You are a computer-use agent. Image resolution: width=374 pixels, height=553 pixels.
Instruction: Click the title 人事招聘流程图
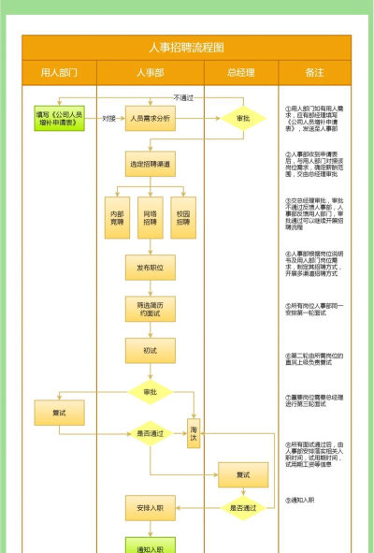click(x=186, y=48)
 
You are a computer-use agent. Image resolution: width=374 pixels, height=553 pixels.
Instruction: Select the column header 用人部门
click(x=59, y=72)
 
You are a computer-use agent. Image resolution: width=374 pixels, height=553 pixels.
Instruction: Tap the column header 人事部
click(x=150, y=72)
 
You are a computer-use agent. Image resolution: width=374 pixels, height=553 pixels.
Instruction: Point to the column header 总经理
click(x=240, y=72)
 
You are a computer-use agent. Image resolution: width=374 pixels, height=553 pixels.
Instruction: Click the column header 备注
click(x=314, y=72)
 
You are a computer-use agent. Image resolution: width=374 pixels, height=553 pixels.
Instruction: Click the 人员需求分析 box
click(x=150, y=119)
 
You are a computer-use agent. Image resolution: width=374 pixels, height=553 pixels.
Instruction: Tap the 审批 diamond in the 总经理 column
click(x=243, y=119)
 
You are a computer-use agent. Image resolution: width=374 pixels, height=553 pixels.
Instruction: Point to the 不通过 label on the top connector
click(x=183, y=97)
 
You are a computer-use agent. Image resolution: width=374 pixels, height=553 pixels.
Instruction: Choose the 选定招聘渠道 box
click(x=150, y=164)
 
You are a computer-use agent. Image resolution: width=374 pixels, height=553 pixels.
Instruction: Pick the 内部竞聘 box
click(x=117, y=218)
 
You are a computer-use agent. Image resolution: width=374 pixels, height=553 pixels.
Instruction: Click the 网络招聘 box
click(x=150, y=218)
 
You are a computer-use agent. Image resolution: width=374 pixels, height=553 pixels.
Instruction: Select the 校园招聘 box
click(x=183, y=218)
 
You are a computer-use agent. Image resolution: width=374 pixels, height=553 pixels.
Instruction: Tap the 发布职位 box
click(x=150, y=269)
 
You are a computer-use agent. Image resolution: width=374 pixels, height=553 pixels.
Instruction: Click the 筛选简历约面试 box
click(x=150, y=309)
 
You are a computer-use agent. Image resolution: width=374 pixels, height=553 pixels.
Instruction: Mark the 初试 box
click(x=150, y=350)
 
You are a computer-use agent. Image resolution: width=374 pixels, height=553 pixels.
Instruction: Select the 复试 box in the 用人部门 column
click(x=59, y=412)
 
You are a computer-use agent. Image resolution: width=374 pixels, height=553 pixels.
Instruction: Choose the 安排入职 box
click(x=150, y=508)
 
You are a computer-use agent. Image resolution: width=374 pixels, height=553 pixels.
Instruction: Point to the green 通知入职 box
click(x=150, y=546)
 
